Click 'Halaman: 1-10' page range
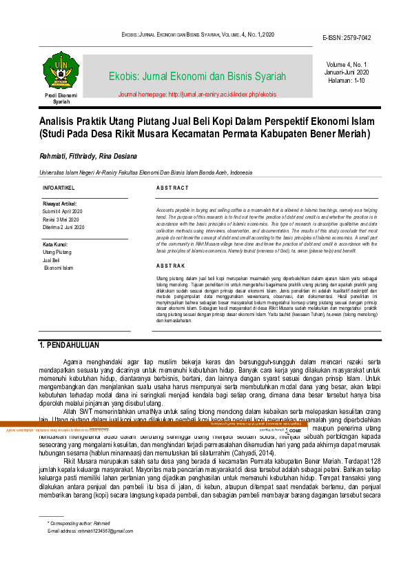(347, 81)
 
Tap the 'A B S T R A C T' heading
(172, 188)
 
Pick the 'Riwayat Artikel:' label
(62, 204)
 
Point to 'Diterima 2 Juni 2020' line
(63, 227)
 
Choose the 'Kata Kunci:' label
(56, 244)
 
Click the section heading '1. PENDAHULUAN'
(70, 345)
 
